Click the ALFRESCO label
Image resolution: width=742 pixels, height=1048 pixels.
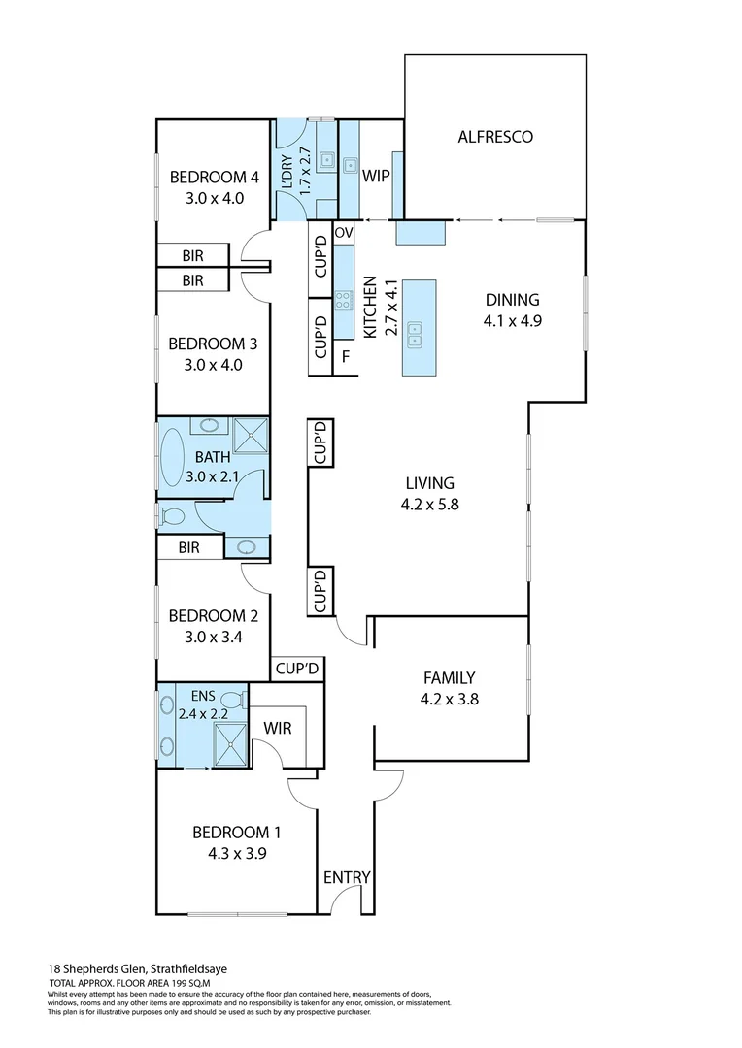(495, 137)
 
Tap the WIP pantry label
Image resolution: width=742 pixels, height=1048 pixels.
(376, 178)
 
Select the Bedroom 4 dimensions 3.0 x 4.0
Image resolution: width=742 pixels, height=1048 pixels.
(214, 198)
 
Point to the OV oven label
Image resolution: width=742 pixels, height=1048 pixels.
(344, 234)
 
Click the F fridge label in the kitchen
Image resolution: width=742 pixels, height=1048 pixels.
(345, 356)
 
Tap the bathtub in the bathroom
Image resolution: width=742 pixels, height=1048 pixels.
(176, 459)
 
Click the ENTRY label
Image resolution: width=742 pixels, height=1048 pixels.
(347, 877)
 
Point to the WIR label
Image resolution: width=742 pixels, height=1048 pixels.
(278, 728)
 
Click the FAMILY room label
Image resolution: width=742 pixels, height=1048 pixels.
(449, 677)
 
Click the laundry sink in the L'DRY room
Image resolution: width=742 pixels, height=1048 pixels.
(328, 162)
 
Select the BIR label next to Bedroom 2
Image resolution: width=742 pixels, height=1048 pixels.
(188, 547)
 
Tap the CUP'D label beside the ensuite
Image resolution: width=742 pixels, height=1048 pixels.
(297, 669)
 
